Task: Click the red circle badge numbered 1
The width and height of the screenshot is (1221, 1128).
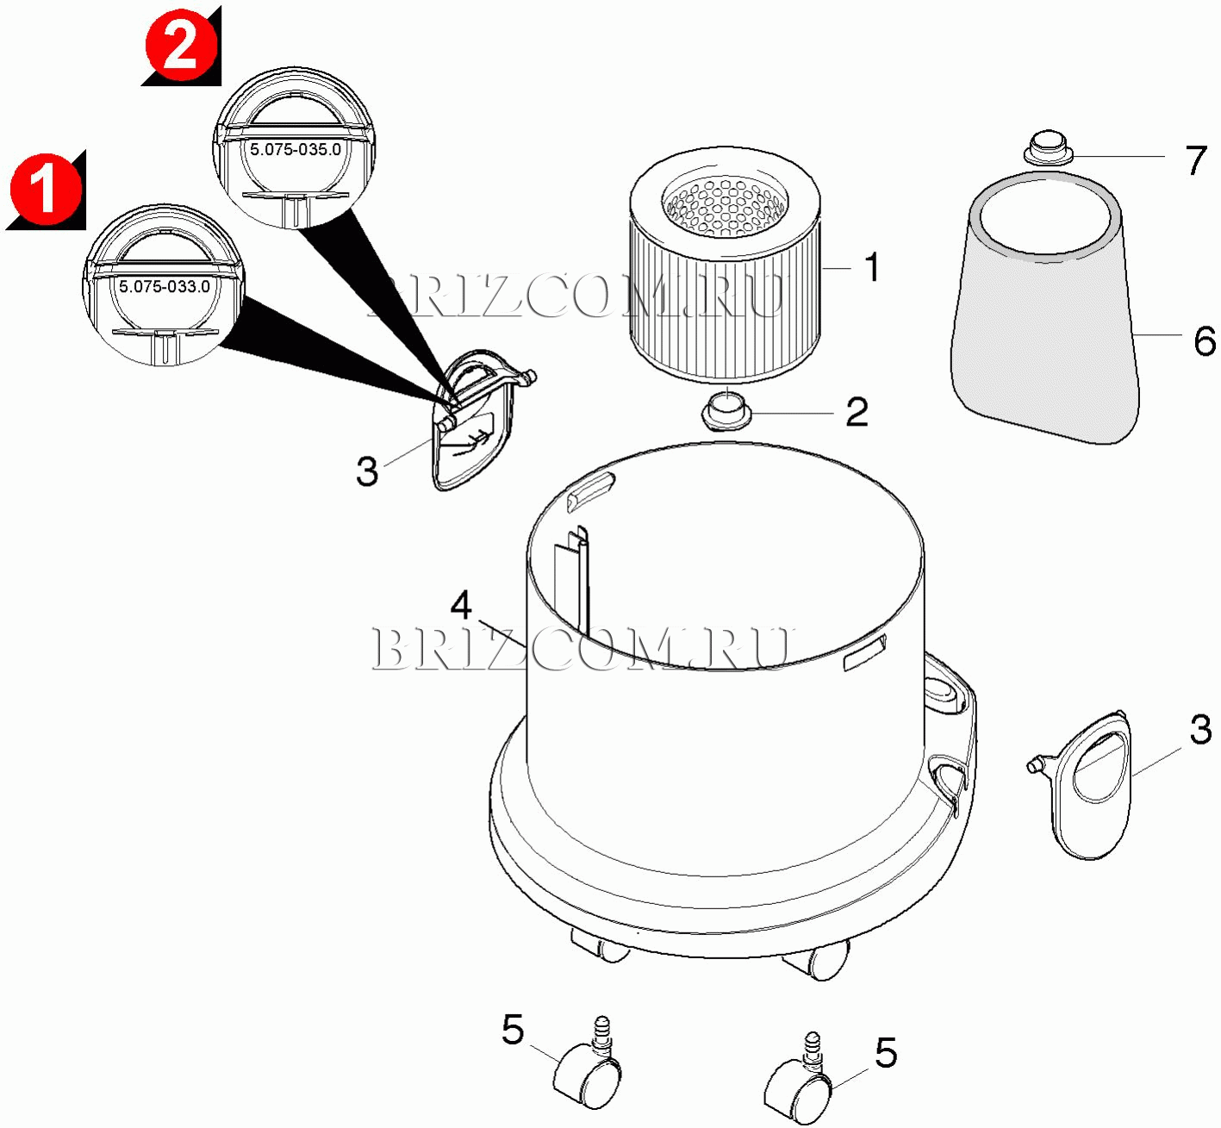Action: click(45, 190)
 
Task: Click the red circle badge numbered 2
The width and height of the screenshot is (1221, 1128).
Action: click(181, 47)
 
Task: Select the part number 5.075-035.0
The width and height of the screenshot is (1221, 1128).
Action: click(295, 149)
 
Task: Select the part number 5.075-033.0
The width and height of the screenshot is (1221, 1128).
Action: click(165, 287)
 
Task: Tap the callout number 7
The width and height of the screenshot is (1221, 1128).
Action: click(1196, 160)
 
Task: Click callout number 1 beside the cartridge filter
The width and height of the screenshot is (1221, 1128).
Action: click(872, 267)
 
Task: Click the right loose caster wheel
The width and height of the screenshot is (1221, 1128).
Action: click(798, 1077)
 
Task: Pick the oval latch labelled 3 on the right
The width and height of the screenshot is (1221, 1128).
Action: click(1082, 785)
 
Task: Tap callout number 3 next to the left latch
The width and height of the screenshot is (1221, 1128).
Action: click(367, 471)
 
